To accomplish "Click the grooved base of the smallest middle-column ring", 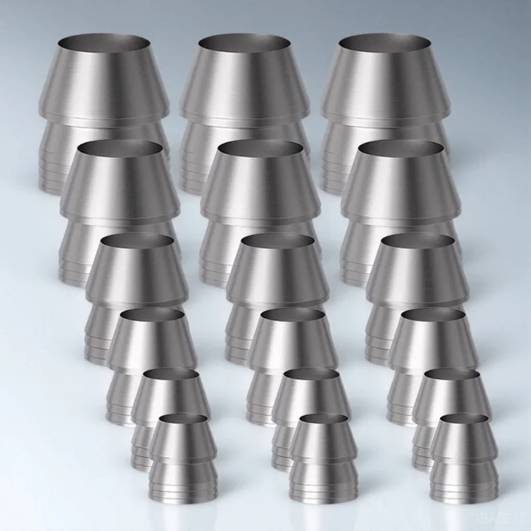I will tap(317, 481).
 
